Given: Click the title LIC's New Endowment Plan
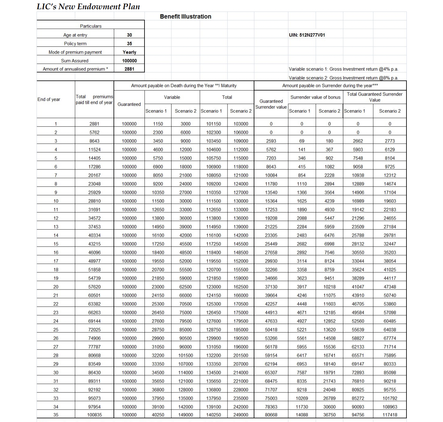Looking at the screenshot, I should (x=88, y=7).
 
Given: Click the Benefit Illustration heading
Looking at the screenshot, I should (x=185, y=16).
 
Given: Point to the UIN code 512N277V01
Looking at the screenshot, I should (x=307, y=35).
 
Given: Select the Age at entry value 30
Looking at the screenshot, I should (x=129, y=35).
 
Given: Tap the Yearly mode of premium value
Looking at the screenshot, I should (x=129, y=52).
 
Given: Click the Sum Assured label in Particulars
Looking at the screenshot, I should (x=75, y=61).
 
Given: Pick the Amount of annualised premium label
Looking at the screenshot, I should (x=75, y=69).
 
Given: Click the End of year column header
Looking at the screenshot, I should (x=49, y=99).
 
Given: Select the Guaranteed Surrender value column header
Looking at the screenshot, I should (x=271, y=104).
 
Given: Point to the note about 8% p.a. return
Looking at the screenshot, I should (x=343, y=78).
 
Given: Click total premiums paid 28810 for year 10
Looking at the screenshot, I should (x=94, y=201).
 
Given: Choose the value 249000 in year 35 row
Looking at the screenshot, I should (x=241, y=415).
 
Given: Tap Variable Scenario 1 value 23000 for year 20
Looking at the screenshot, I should (x=158, y=287).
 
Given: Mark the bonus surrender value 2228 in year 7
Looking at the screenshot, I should (x=329, y=175).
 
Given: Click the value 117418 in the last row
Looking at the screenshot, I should (x=390, y=415).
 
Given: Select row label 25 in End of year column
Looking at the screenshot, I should (x=56, y=330).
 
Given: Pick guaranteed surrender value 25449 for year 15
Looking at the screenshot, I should (x=271, y=244).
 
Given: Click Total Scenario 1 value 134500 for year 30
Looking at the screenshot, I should (x=214, y=372).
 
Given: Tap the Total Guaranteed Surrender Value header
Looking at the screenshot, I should (x=375, y=97).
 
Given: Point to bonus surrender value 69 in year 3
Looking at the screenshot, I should (x=301, y=141).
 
